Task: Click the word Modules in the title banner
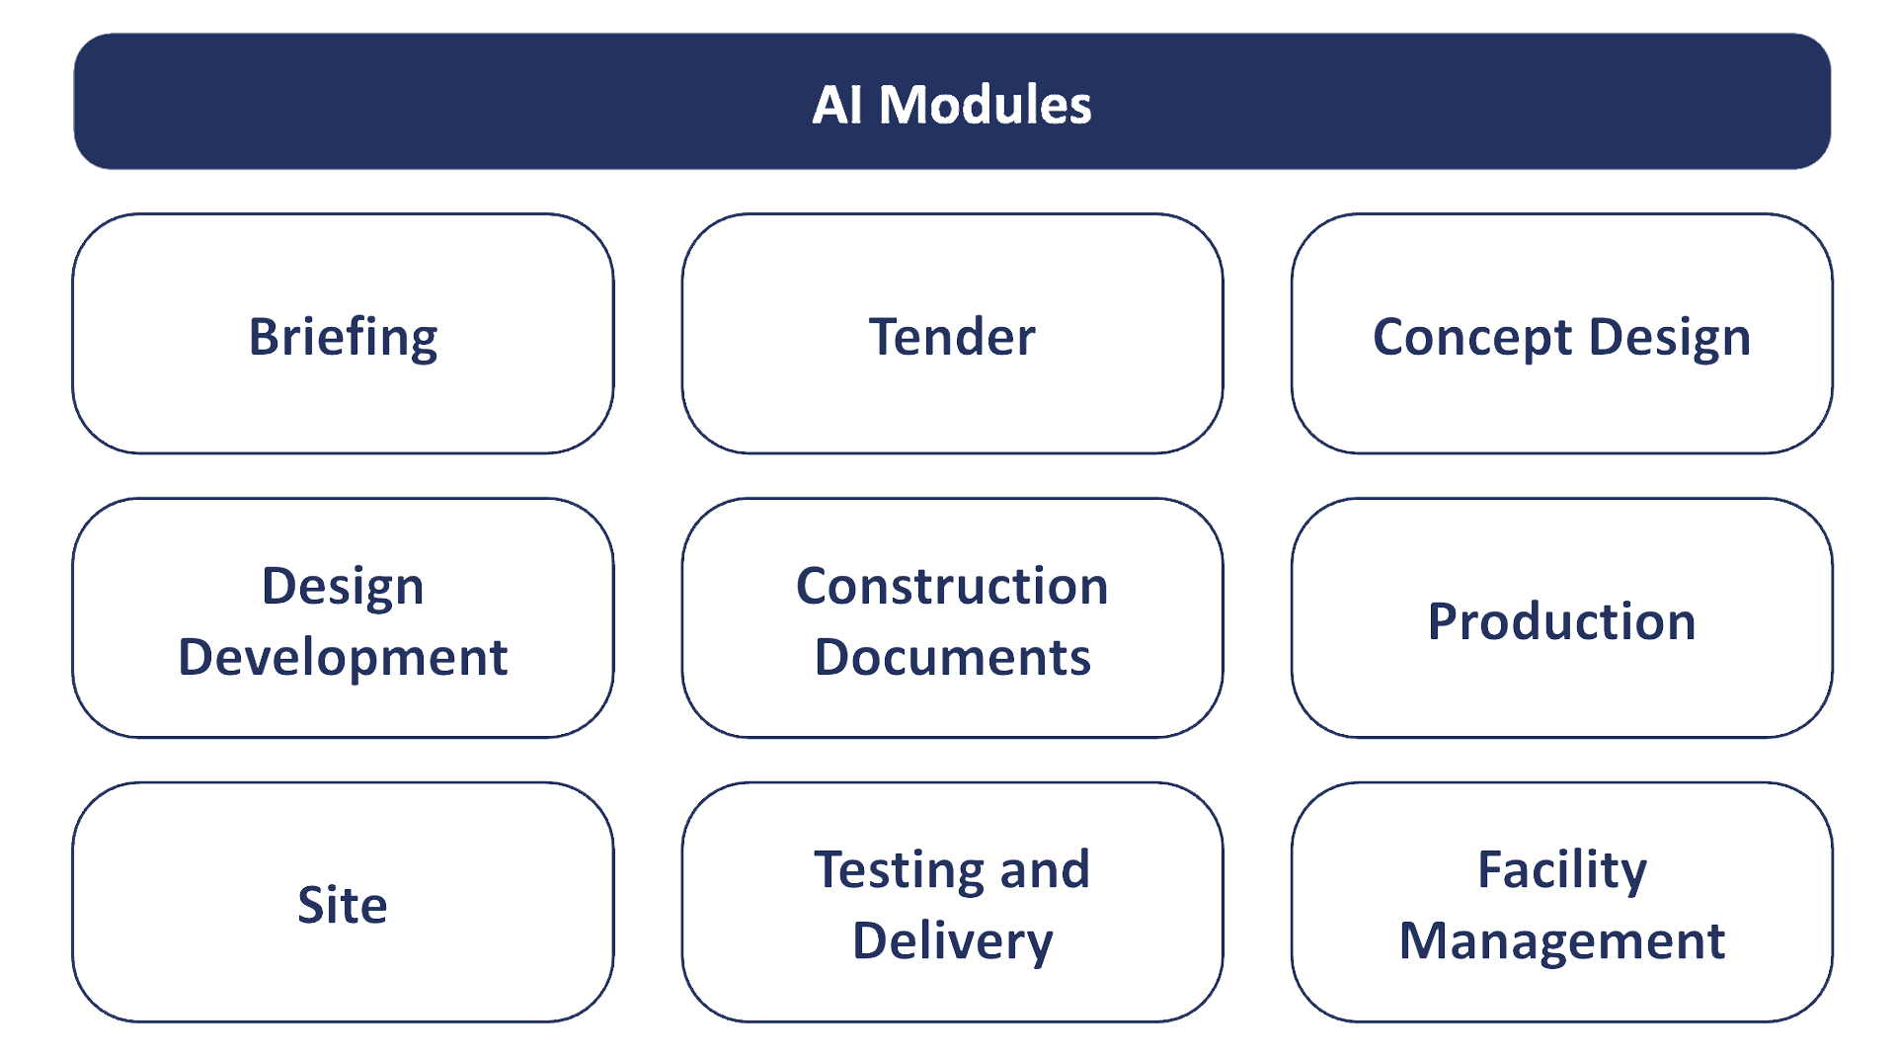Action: point(985,105)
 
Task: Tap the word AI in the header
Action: point(836,105)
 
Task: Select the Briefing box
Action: point(343,334)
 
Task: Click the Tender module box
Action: point(952,334)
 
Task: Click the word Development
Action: point(343,657)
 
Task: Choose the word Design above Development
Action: point(343,587)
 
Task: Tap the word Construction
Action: point(952,586)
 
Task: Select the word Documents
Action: point(952,657)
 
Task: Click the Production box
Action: point(1561,618)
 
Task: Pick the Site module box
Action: point(343,903)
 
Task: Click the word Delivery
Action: point(952,941)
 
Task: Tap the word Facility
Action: point(1561,871)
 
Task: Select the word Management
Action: point(1561,940)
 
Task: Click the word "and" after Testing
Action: point(1045,870)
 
